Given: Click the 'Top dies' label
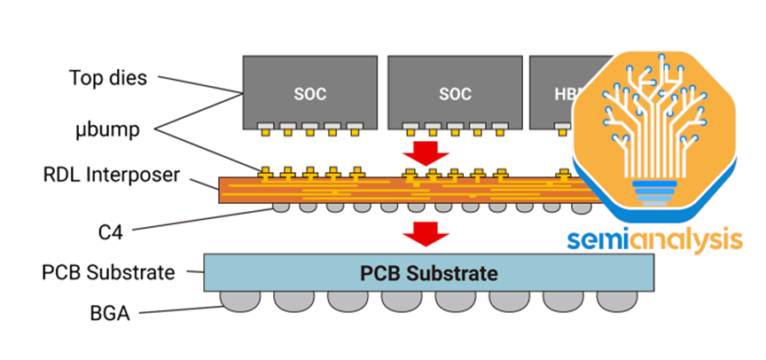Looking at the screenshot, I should (107, 77).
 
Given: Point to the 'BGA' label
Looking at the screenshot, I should (110, 312).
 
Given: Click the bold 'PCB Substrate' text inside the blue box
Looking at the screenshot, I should (430, 272).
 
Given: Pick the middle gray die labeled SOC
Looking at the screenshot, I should (453, 90).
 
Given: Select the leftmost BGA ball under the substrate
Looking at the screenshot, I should (235, 300).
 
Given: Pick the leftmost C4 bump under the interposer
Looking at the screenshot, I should (281, 207).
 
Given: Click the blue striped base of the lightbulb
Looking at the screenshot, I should (656, 193).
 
